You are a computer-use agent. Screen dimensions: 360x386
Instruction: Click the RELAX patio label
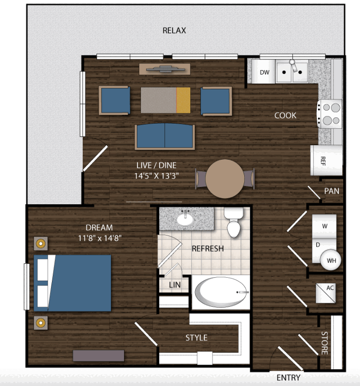pyautogui.click(x=174, y=31)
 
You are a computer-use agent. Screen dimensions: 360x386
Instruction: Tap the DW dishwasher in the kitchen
pyautogui.click(x=263, y=72)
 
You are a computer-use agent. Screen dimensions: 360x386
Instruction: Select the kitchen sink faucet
pyautogui.click(x=293, y=65)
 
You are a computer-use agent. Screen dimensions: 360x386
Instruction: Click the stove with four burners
pyautogui.click(x=330, y=114)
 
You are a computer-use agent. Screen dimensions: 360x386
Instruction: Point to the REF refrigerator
pyautogui.click(x=326, y=160)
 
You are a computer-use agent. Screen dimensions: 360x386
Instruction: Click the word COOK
pyautogui.click(x=285, y=115)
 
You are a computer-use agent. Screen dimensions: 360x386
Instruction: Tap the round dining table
pyautogui.click(x=224, y=179)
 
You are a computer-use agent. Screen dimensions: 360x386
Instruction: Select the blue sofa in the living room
pyautogui.click(x=165, y=137)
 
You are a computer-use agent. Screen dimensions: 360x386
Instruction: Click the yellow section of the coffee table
pyautogui.click(x=183, y=100)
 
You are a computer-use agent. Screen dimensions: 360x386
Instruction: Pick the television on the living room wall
pyautogui.click(x=165, y=69)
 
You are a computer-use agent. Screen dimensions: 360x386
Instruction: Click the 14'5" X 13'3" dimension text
pyautogui.click(x=157, y=176)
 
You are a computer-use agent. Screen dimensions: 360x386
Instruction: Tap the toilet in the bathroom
pyautogui.click(x=234, y=222)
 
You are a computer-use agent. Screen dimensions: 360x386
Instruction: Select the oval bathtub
pyautogui.click(x=221, y=292)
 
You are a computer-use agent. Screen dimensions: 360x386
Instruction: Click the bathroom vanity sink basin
pyautogui.click(x=185, y=219)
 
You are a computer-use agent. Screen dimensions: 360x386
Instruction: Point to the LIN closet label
pyautogui.click(x=174, y=285)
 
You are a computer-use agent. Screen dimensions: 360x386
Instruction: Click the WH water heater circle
pyautogui.click(x=331, y=260)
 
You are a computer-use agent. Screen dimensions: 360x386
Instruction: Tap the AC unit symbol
pyautogui.click(x=325, y=293)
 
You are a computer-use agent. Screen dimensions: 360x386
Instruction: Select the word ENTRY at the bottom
pyautogui.click(x=288, y=378)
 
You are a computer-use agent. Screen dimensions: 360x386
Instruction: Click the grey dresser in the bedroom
pyautogui.click(x=99, y=355)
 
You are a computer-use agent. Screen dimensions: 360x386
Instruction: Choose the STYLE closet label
pyautogui.click(x=197, y=338)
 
